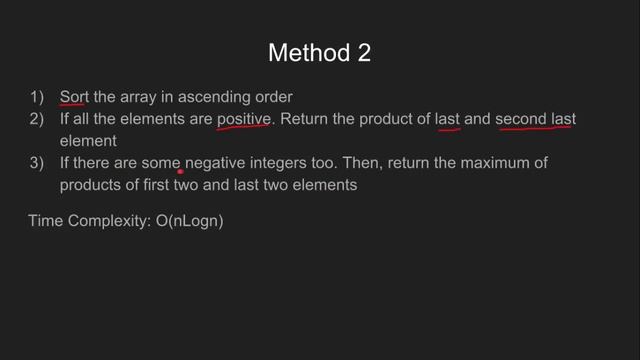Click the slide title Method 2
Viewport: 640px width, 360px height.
320,53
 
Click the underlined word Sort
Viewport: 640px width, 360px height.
73,97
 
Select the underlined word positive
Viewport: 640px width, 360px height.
244,119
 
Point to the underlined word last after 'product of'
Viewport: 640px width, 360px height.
447,119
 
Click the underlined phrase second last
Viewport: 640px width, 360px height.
535,119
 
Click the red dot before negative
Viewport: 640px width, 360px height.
181,171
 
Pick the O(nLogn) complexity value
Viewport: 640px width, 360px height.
190,220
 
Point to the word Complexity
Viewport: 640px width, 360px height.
109,220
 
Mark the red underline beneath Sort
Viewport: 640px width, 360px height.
73,105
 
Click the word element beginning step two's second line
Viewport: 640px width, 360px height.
88,141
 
